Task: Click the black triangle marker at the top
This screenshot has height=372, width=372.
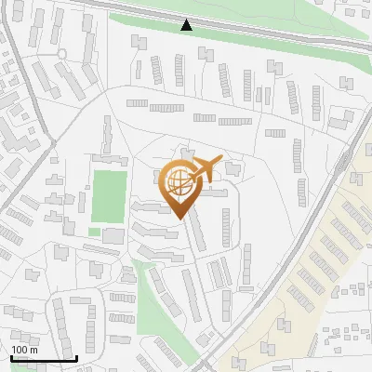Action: (x=187, y=25)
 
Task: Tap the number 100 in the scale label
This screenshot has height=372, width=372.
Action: (x=20, y=350)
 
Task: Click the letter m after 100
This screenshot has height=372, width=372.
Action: (x=33, y=350)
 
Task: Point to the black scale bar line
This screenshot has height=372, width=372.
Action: (x=43, y=358)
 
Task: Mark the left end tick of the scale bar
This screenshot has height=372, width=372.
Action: (x=10, y=356)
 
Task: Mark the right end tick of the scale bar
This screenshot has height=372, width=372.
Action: (x=75, y=356)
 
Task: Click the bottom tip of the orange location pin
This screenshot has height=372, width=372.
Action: (x=179, y=218)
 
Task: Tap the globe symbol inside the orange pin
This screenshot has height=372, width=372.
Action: (x=179, y=182)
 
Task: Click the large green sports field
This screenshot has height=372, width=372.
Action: (x=108, y=195)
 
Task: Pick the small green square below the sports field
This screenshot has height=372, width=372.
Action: (x=94, y=232)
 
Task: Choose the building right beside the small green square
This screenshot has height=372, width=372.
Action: (x=113, y=235)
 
